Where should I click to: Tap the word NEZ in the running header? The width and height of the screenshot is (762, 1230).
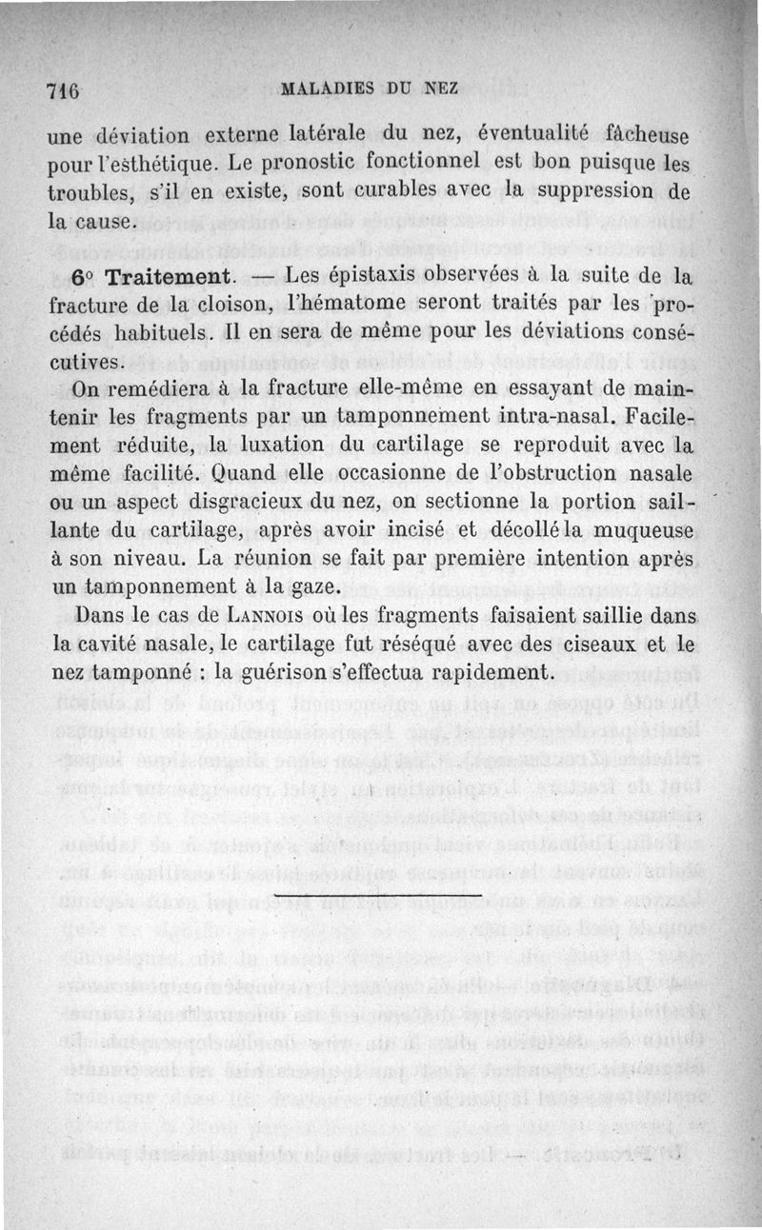click(x=441, y=89)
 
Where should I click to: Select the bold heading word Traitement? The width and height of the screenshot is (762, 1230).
click(x=169, y=279)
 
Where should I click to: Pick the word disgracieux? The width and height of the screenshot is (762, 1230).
click(x=269, y=502)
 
